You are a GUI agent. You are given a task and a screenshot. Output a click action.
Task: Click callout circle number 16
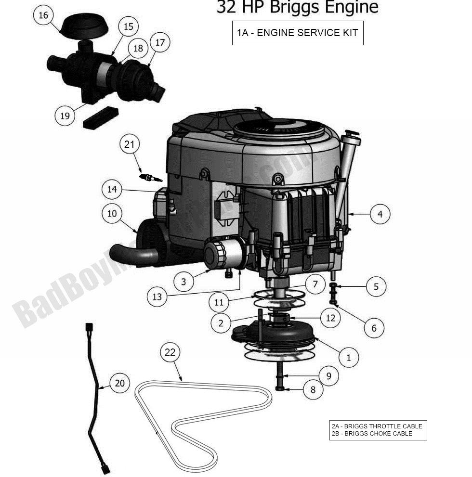[x=43, y=15]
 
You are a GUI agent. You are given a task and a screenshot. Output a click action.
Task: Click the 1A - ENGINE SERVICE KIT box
[x=298, y=33]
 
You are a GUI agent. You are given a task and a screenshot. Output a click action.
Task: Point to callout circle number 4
[x=380, y=214]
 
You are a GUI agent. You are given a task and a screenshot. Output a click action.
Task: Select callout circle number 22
[x=170, y=352]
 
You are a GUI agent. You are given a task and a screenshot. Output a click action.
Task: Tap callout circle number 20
[x=120, y=383]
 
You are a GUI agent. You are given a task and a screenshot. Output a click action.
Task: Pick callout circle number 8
[x=313, y=390]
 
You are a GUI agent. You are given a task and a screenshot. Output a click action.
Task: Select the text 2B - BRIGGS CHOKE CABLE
[x=372, y=433]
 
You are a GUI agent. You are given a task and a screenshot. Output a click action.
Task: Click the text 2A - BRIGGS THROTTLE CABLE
[x=377, y=426]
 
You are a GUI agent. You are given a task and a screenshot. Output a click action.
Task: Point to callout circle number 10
[x=112, y=213]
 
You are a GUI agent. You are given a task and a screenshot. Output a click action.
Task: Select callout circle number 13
[x=157, y=297]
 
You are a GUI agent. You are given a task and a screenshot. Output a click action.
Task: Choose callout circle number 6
[x=374, y=329]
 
